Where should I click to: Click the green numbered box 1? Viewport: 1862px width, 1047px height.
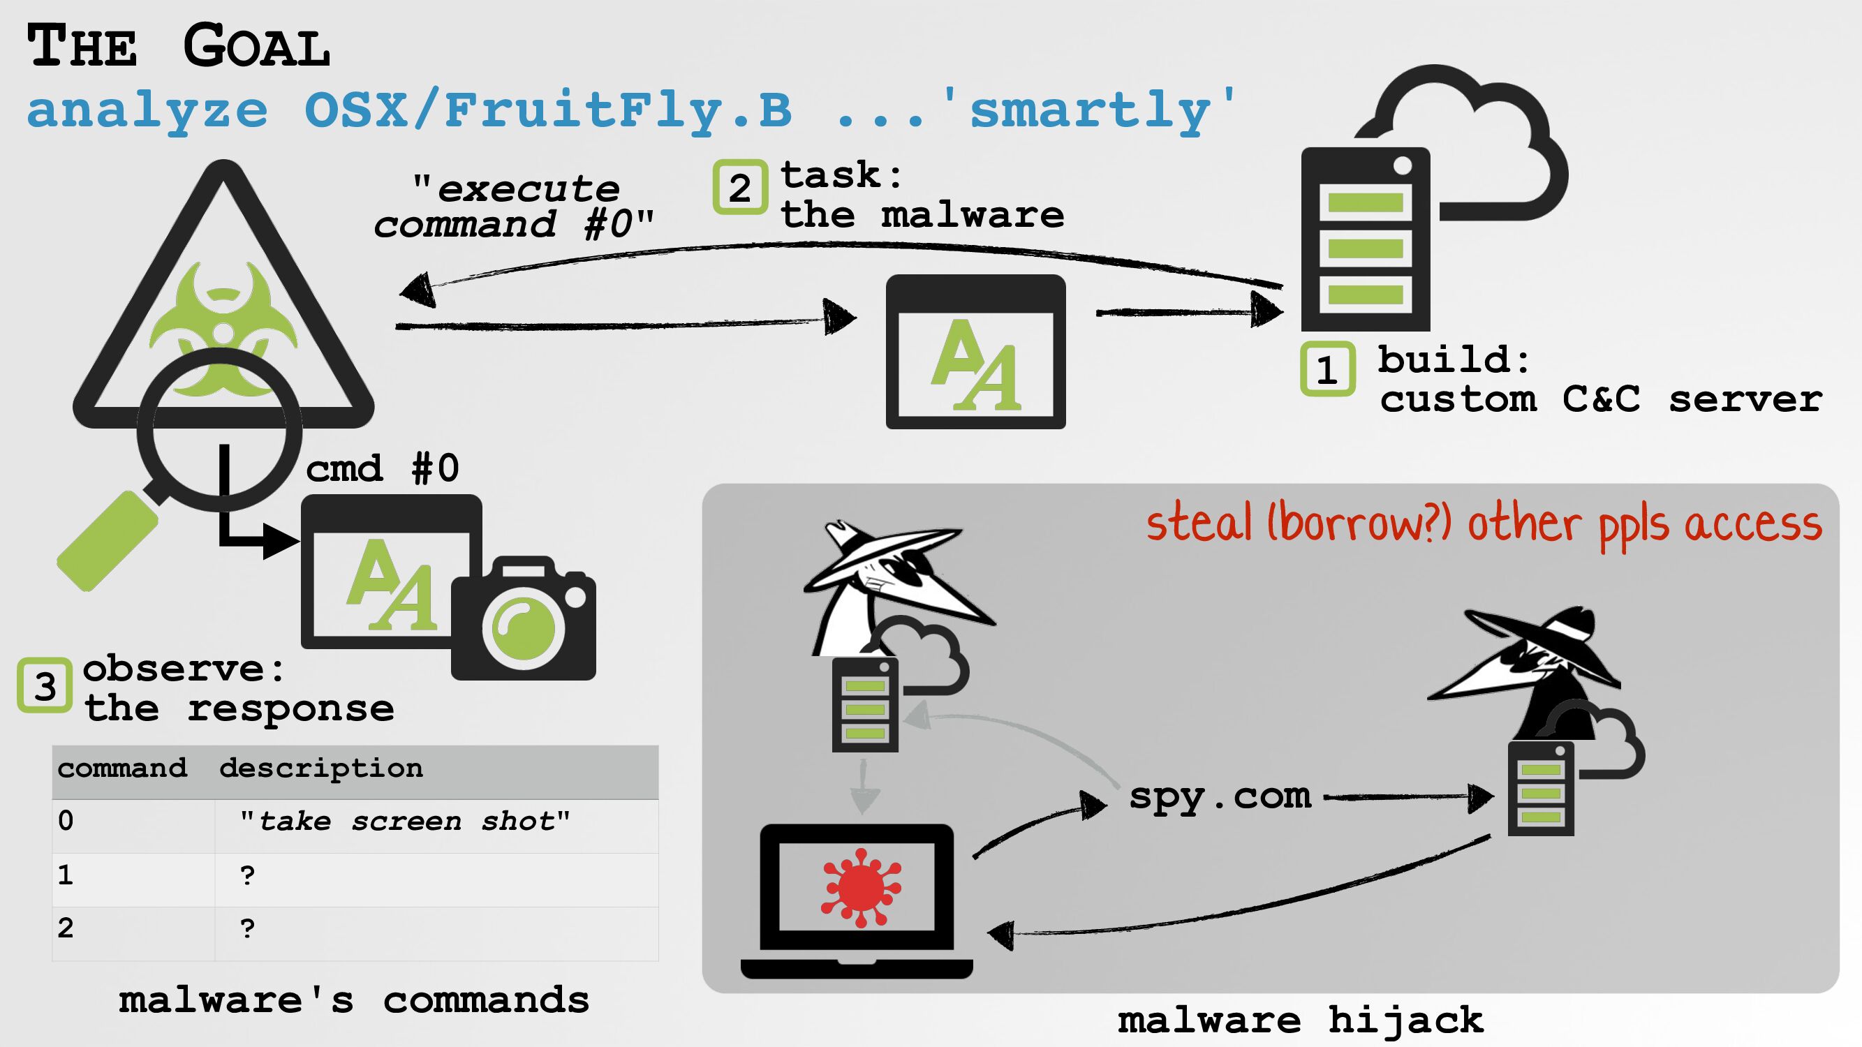(1327, 369)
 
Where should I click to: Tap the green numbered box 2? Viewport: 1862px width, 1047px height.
(739, 187)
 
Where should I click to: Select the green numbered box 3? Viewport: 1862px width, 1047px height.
(45, 685)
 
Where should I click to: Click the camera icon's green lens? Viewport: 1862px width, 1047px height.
(524, 627)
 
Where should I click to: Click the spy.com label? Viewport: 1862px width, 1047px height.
(1220, 796)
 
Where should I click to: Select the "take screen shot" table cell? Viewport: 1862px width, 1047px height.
(405, 822)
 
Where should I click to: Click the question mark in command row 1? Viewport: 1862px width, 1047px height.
(248, 876)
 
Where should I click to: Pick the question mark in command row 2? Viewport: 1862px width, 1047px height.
(248, 929)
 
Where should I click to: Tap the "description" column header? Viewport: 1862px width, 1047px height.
(321, 768)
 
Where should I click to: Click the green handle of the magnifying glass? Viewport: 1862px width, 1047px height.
(106, 540)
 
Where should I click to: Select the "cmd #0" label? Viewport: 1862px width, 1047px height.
(383, 468)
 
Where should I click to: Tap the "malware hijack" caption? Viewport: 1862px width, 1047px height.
(1301, 1020)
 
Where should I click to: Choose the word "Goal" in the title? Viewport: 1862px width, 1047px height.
(257, 46)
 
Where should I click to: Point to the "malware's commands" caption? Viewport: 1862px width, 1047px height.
(353, 1001)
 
